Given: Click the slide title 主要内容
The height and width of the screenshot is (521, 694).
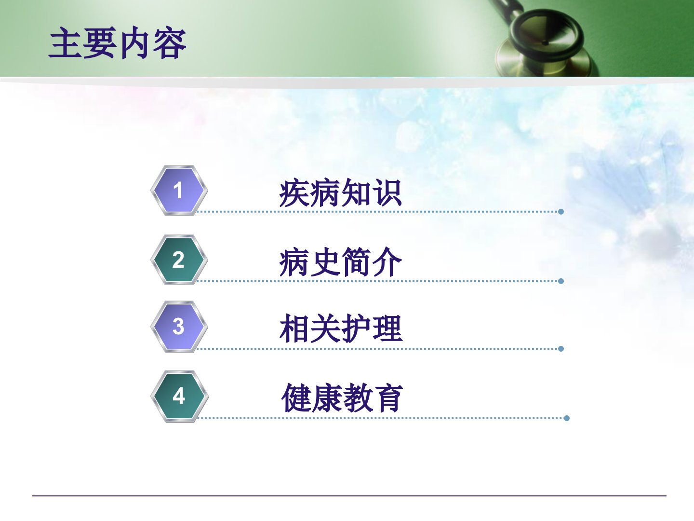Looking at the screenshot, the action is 117,43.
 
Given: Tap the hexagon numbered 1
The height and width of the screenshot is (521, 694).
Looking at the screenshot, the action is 179,190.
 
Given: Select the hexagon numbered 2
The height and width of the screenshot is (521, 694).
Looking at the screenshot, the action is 179,260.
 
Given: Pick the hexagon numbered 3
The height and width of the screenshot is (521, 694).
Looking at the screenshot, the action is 179,327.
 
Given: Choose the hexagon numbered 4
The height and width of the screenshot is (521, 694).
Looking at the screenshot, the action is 179,396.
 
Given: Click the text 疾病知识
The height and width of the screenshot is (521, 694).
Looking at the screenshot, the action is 340,192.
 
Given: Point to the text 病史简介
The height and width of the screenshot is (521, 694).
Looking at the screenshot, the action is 340,262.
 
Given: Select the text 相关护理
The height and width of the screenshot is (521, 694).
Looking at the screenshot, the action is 341,329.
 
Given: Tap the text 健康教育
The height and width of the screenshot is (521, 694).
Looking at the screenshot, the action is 342,398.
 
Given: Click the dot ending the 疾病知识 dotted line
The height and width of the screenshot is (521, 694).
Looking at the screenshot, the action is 561,212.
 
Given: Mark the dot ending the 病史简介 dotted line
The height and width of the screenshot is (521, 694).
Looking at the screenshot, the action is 561,281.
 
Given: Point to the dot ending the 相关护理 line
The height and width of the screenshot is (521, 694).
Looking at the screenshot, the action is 561,349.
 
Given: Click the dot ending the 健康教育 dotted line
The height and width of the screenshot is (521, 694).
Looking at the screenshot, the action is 567,418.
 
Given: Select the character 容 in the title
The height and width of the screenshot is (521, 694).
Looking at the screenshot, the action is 170,43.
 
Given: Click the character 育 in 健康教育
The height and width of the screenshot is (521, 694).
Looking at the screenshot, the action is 388,398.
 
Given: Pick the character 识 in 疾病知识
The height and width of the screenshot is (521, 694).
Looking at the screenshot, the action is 387,192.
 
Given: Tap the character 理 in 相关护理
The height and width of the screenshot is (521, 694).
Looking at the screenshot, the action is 388,329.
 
